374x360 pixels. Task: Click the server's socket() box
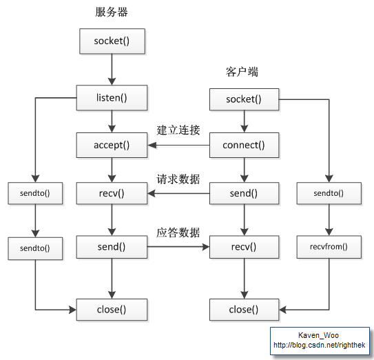tap(111, 42)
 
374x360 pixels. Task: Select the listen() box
tap(111, 97)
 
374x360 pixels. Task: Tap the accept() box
tap(111, 146)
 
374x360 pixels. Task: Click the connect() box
tap(244, 146)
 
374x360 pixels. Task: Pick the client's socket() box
tap(244, 100)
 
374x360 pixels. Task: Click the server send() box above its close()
tap(111, 246)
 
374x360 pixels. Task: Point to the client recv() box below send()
tap(244, 246)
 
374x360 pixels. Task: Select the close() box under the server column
tap(111, 310)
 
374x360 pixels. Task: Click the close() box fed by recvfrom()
tap(244, 310)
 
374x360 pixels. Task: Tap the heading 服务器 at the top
tap(111, 12)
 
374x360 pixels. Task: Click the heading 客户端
tap(242, 72)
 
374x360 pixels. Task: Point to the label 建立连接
tap(178, 130)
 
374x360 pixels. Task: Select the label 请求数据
tap(178, 179)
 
